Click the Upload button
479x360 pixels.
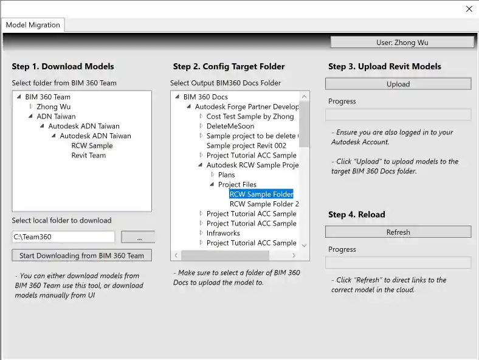click(x=398, y=84)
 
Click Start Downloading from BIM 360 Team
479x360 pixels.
click(x=81, y=255)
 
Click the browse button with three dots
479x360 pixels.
click(x=138, y=237)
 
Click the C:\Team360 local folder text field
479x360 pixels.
click(x=63, y=237)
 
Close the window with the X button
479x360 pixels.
click(x=469, y=9)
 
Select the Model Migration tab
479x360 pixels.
click(x=33, y=25)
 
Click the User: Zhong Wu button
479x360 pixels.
click(x=402, y=43)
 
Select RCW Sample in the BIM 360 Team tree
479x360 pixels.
click(x=92, y=145)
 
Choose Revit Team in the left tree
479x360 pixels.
click(x=89, y=155)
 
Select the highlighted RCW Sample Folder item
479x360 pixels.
click(x=261, y=194)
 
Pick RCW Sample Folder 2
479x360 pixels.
click(x=264, y=204)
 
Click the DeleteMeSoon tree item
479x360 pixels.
click(x=230, y=126)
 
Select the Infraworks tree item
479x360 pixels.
click(x=223, y=233)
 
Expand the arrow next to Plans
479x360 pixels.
click(x=213, y=175)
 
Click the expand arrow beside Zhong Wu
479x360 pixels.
click(x=31, y=106)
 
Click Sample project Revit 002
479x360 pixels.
click(x=246, y=145)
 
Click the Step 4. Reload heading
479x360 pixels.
click(x=356, y=214)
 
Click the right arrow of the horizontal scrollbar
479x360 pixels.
click(x=294, y=255)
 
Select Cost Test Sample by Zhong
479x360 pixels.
click(x=250, y=116)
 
